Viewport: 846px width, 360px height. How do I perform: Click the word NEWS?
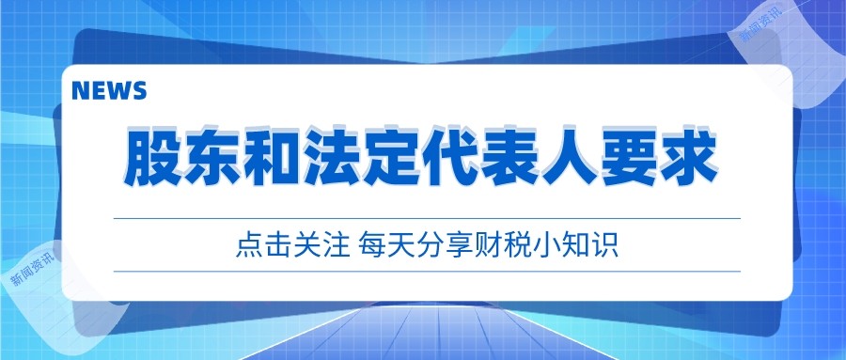point(108,90)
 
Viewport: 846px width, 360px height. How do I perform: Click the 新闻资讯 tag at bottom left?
point(34,267)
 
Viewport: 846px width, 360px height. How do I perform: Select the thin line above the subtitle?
point(427,218)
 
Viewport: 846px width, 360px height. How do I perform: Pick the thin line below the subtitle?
point(427,271)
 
